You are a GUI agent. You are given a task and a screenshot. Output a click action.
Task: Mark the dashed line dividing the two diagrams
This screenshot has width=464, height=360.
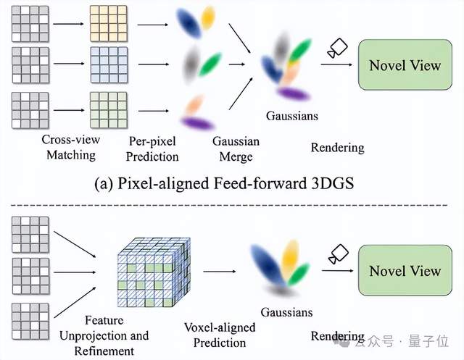point(232,206)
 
